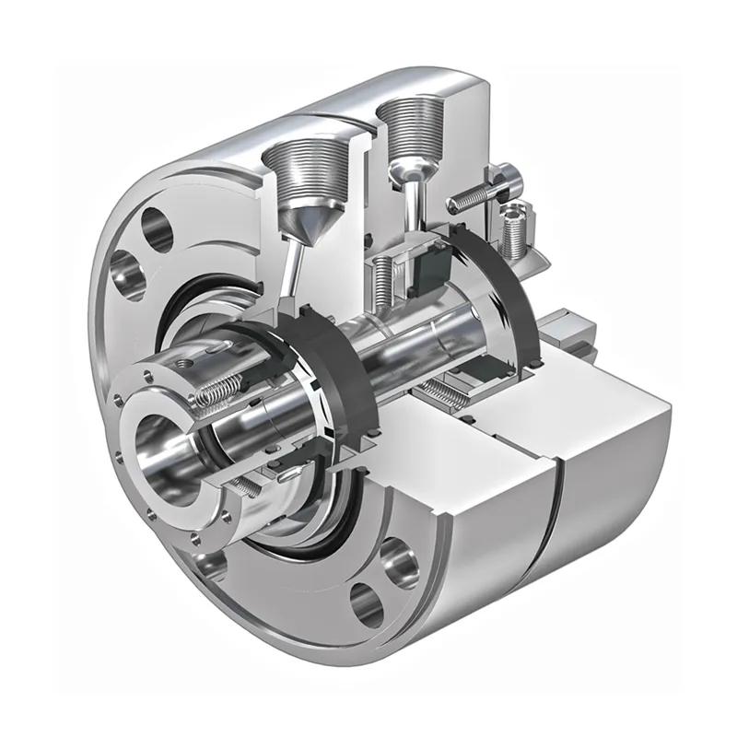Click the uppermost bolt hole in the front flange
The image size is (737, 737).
pos(156,230)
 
